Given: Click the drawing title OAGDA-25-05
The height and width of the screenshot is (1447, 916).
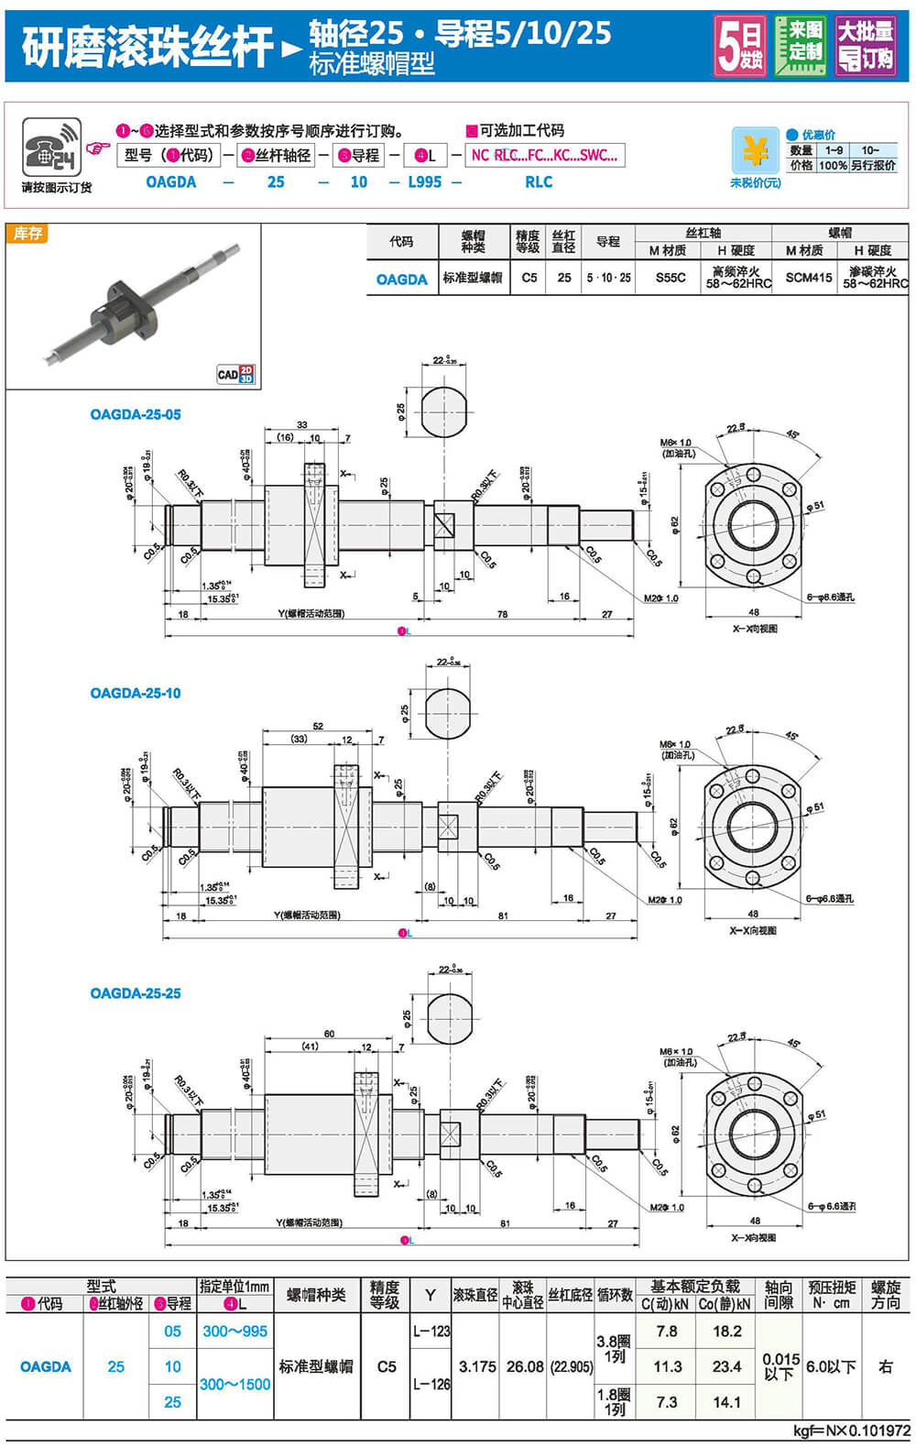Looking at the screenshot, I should click(x=136, y=414).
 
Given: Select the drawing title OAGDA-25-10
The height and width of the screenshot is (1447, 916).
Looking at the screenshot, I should click(x=136, y=693).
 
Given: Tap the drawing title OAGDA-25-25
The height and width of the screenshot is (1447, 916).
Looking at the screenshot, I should click(x=136, y=993).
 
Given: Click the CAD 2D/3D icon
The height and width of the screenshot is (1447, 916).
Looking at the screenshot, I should click(x=235, y=374).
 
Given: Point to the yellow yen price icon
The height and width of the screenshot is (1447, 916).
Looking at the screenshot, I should click(x=755, y=150).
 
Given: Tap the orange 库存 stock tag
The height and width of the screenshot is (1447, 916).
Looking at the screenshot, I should click(x=28, y=234).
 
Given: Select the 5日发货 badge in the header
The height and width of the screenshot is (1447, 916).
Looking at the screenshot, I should click(x=740, y=45).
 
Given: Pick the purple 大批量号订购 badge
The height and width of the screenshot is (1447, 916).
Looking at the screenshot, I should click(x=866, y=45).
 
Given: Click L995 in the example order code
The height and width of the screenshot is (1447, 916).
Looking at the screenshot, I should click(x=425, y=181).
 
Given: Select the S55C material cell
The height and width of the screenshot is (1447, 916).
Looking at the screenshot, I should click(x=671, y=277).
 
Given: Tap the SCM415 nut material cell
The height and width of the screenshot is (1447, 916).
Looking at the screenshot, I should click(x=809, y=277).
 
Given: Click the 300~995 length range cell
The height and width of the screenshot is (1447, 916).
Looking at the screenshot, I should click(x=235, y=1331).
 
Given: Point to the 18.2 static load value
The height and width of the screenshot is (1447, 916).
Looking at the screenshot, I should click(x=726, y=1331).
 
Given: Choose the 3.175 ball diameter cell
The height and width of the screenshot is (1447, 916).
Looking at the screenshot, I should click(x=477, y=1366).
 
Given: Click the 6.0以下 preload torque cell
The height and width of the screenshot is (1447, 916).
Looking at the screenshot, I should click(x=831, y=1366).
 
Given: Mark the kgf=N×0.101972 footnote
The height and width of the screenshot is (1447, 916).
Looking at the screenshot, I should click(x=851, y=1431).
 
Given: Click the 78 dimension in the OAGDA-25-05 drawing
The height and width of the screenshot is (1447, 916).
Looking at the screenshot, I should click(x=502, y=614).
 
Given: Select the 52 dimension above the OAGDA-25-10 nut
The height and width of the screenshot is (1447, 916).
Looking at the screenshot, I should click(x=318, y=726).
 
